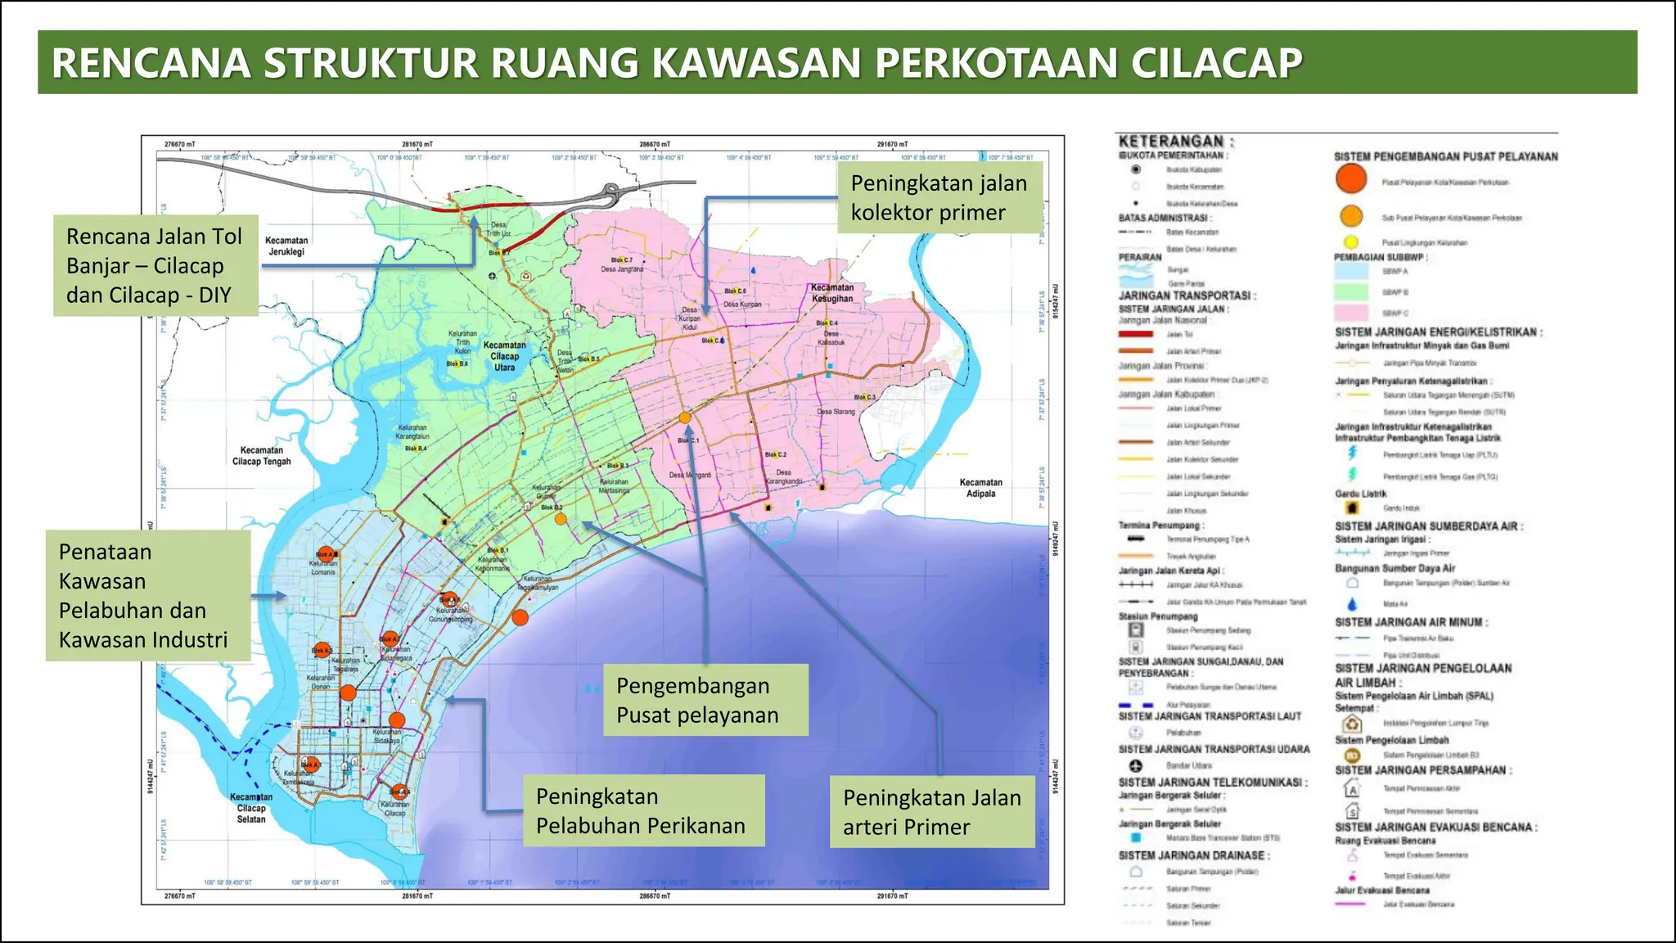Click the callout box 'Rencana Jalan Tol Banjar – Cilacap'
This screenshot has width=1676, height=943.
[x=155, y=265]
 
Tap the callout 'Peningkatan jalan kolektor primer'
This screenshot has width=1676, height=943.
[x=939, y=197]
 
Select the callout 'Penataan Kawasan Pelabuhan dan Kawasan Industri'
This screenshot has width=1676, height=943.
[x=147, y=595]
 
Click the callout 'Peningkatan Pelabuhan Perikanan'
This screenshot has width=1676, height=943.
[x=643, y=810]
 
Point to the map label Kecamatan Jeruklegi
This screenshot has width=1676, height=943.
[x=286, y=246]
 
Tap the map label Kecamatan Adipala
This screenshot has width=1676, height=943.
[x=980, y=488]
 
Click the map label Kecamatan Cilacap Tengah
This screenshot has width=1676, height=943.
[x=262, y=456]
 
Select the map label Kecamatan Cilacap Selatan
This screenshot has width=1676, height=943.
[x=251, y=808]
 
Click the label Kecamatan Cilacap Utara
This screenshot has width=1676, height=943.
[x=504, y=356]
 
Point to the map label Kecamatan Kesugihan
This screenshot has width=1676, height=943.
[x=831, y=293]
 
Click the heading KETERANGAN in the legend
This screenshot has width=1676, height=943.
[x=1175, y=142]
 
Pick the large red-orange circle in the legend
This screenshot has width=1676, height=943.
[x=1351, y=178]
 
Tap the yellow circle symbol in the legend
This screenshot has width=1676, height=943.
[x=1351, y=242]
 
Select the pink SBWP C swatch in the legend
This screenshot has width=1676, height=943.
[x=1351, y=313]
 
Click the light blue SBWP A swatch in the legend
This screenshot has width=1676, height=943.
[x=1351, y=271]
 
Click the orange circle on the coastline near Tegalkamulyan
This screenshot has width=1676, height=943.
[x=520, y=617]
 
